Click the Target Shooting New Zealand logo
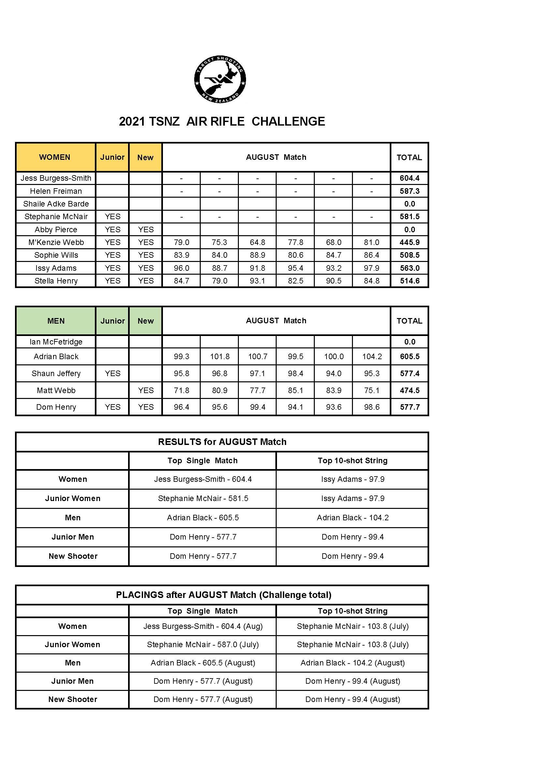[x=220, y=79]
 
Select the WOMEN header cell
[x=55, y=157]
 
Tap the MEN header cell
[x=56, y=321]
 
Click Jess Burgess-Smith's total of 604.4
[x=409, y=178]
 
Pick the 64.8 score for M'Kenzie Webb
[x=257, y=242]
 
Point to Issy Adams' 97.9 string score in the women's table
[x=371, y=268]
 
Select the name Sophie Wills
[x=56, y=255]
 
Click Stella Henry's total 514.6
[x=409, y=281]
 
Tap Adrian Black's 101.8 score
[x=219, y=357]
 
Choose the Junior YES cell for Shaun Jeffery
[x=112, y=374]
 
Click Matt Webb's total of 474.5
[x=410, y=390]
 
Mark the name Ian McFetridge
[x=56, y=342]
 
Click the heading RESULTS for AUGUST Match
[x=222, y=442]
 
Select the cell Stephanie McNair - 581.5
[x=203, y=498]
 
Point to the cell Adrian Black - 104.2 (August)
[x=353, y=663]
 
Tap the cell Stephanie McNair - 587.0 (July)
[x=202, y=645]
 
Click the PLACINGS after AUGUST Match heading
[x=223, y=595]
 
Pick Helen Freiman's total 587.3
[x=409, y=191]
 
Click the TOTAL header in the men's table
[x=409, y=321]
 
